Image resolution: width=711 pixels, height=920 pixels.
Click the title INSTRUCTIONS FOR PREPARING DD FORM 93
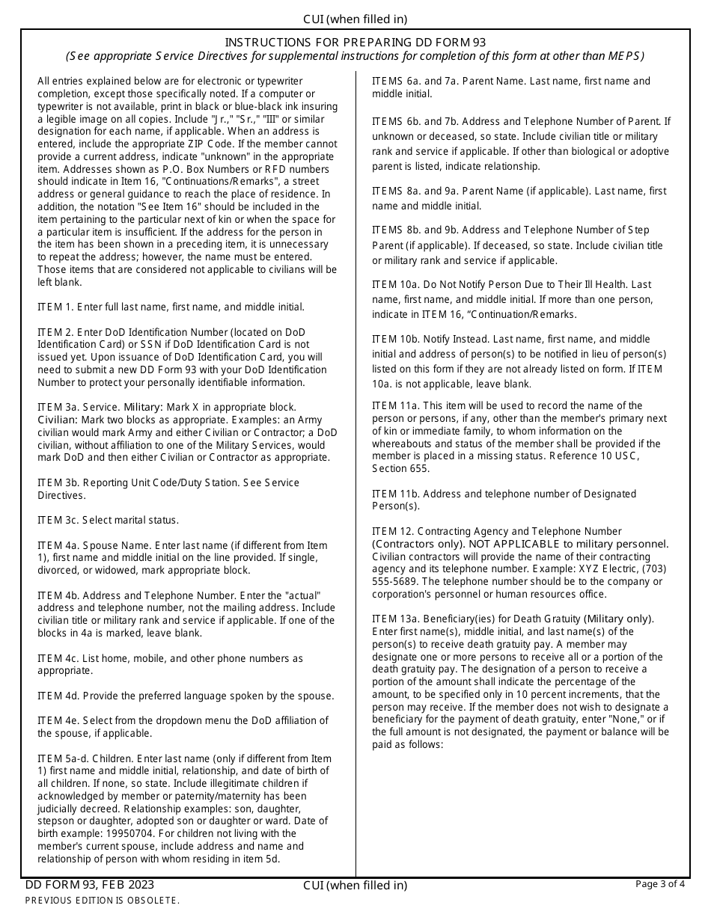pos(355,43)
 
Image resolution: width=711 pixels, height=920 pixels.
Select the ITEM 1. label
pos(55,307)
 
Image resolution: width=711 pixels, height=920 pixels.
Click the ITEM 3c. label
pos(57,520)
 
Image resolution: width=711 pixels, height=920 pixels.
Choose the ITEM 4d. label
pos(57,696)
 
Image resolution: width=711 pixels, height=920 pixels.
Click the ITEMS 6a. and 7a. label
pos(421,81)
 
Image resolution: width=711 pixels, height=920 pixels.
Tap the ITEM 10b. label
pos(394,339)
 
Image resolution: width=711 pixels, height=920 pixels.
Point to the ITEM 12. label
pos(390,531)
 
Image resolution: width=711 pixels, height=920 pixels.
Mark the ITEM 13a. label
pos(394,619)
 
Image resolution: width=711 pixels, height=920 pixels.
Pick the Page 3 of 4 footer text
pos(659,884)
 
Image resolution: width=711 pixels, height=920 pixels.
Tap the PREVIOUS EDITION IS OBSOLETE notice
pos(103,901)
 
